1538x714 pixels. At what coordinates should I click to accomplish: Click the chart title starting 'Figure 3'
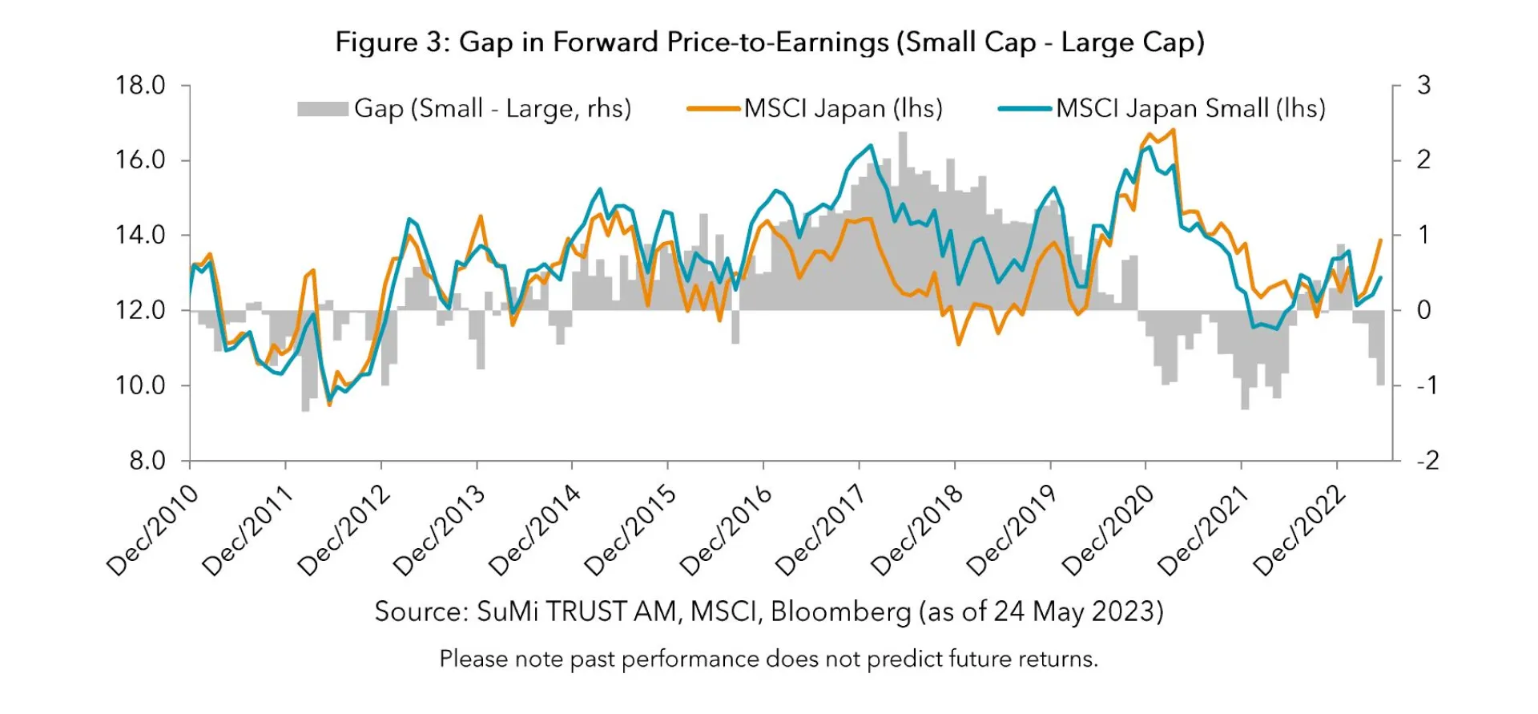(769, 42)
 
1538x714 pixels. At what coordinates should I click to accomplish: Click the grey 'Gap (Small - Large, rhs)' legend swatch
(322, 109)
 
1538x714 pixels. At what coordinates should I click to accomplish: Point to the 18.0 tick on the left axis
(140, 85)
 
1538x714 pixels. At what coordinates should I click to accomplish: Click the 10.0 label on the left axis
(140, 385)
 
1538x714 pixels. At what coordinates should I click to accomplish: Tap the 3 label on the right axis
(1423, 85)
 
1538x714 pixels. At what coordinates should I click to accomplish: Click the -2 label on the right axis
(1427, 461)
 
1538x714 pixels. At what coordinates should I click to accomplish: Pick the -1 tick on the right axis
(1427, 385)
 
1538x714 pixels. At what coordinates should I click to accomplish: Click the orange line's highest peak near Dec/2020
(1173, 131)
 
